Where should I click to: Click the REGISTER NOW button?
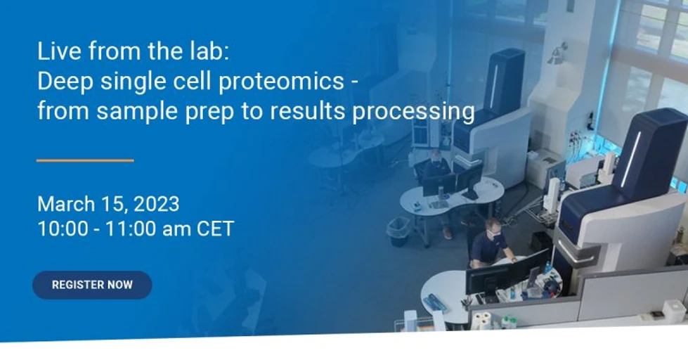pos(92,285)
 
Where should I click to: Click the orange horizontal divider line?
pos(85,160)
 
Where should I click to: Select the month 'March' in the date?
pos(66,204)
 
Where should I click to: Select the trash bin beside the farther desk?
pos(398,230)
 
